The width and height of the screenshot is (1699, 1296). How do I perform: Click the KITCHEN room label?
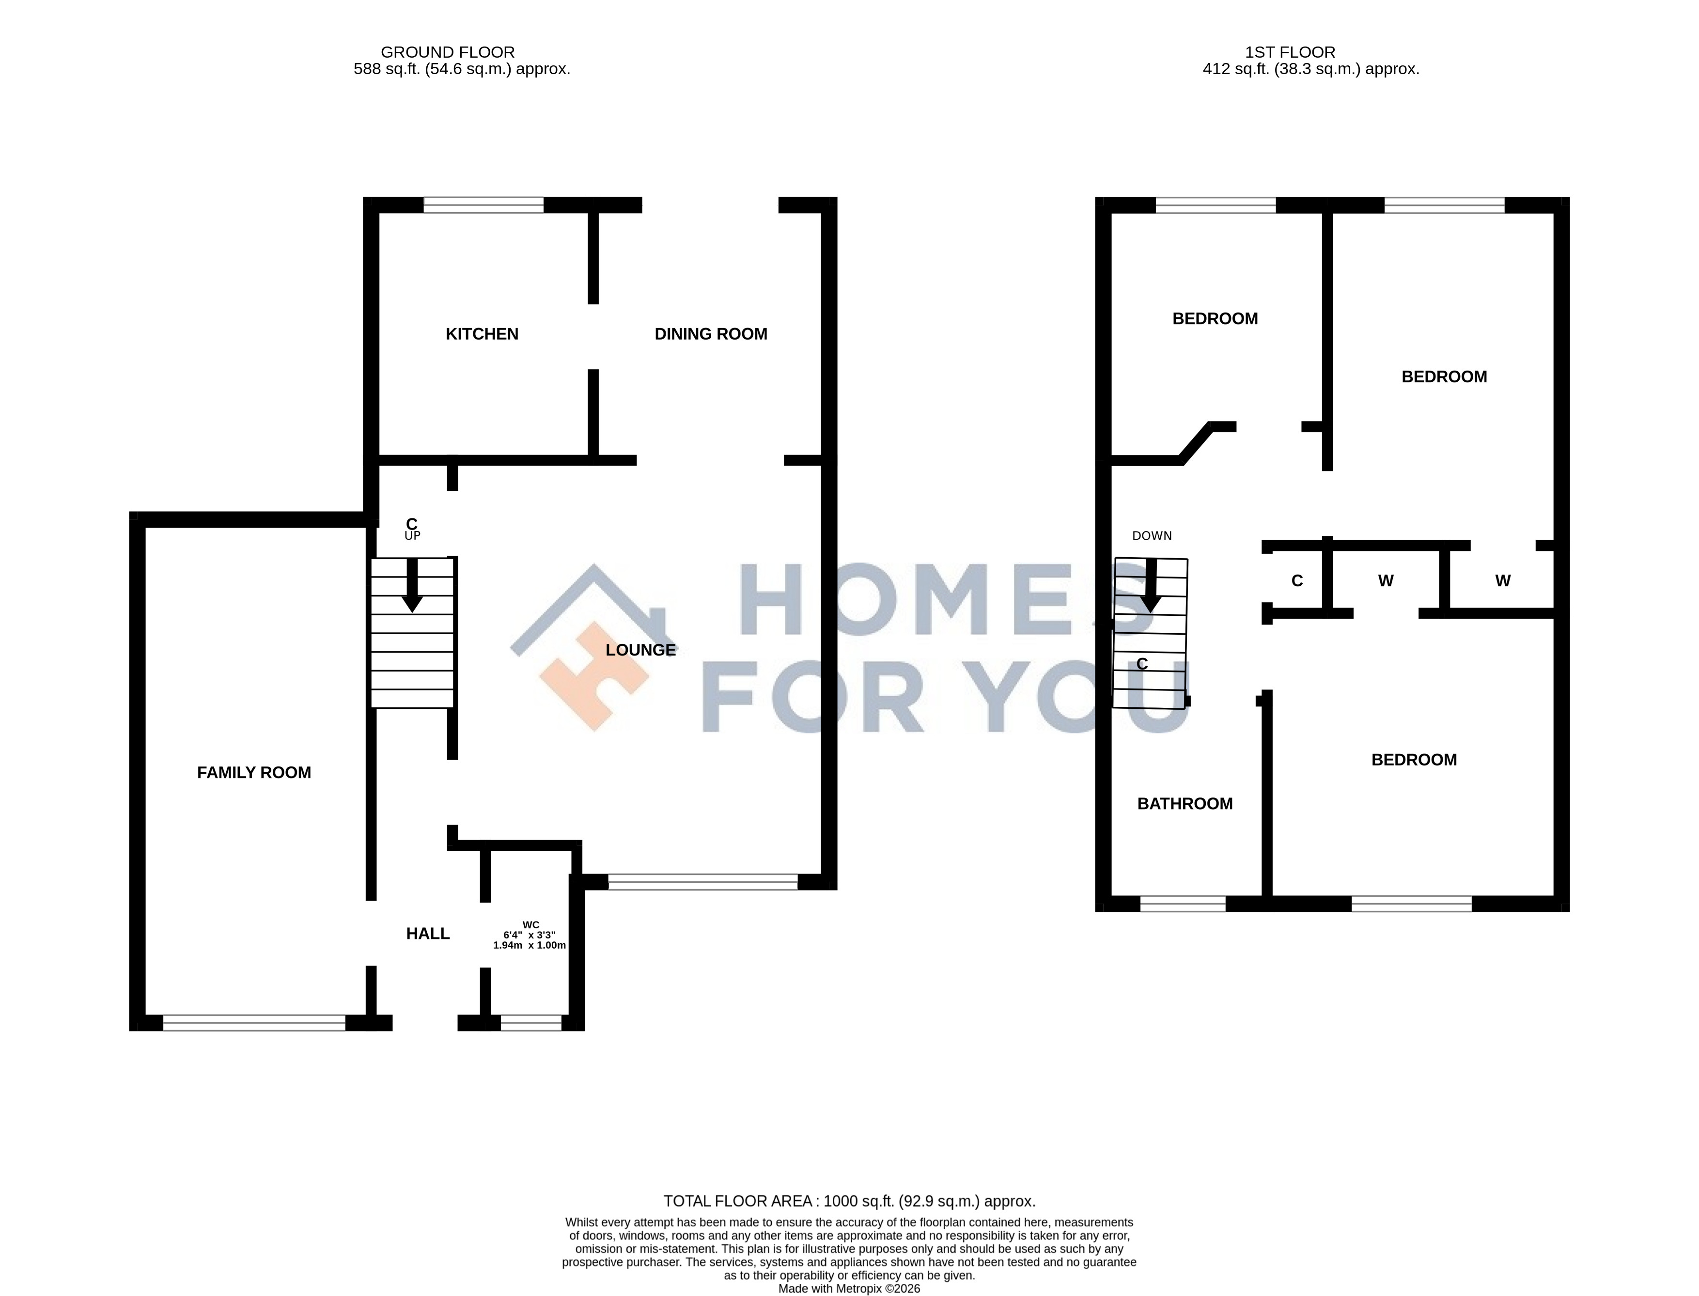point(482,334)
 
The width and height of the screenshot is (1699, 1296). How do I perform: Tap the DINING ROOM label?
point(710,334)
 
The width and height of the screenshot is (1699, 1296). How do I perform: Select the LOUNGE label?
point(640,650)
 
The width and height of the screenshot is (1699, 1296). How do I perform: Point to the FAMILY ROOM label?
point(254,772)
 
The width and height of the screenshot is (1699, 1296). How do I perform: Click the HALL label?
point(428,934)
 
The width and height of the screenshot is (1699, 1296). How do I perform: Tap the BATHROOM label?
point(1185,804)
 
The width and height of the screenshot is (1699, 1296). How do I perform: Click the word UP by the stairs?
point(413,535)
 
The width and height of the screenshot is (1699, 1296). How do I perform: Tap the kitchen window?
point(483,205)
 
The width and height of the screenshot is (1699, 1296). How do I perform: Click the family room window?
point(254,1023)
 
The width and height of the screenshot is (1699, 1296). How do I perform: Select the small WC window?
point(531,1023)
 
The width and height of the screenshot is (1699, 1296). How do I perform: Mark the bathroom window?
point(1183,904)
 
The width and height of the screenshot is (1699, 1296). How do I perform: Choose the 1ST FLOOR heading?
point(1290,52)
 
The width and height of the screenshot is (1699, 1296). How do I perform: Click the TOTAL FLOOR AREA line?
point(849,1201)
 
